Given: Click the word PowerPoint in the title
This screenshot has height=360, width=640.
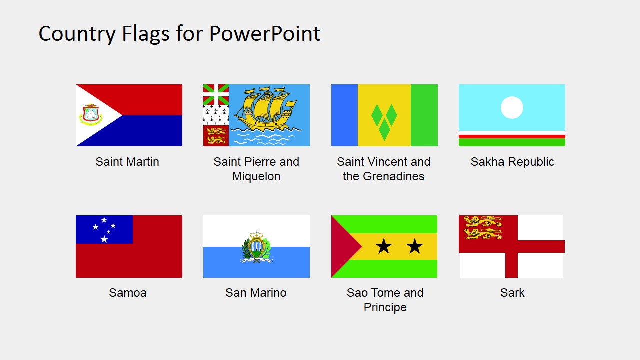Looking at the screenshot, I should point(265,34).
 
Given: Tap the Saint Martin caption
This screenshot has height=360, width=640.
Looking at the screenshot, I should point(127,162).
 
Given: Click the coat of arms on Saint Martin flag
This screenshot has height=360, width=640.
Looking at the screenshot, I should point(91,115).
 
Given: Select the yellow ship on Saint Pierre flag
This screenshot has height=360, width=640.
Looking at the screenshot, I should point(265,109).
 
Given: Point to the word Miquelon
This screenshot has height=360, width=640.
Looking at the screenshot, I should point(256,176).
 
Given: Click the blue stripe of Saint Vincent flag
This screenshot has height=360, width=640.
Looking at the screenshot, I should point(344,115).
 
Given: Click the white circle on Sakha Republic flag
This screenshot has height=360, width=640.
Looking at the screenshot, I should point(512,107).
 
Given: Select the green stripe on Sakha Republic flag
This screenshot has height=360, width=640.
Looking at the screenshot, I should point(512,142).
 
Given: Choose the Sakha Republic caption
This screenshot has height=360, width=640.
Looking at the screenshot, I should point(512,162).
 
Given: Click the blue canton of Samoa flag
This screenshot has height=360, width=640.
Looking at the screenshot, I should point(104,229).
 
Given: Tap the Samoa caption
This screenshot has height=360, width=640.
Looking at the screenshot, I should point(128,293).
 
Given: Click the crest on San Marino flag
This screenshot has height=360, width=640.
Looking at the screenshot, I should point(256,247).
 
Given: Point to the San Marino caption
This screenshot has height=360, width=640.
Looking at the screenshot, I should point(256,293).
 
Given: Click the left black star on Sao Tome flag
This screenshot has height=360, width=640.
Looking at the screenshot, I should point(383,246).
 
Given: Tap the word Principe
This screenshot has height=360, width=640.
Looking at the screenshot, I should point(385,307).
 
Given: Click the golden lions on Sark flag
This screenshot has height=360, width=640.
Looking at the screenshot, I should point(483,227).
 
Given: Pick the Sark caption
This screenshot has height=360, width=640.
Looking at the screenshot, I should point(512,293).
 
